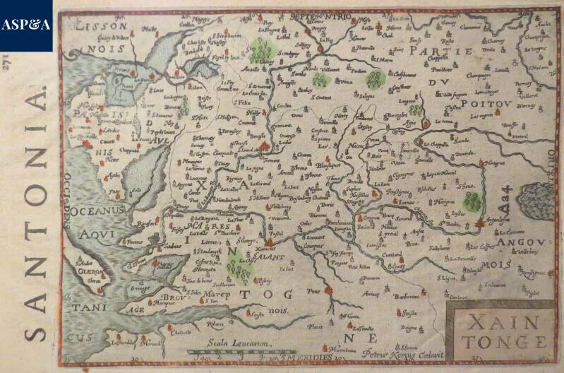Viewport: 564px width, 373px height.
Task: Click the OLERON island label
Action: coord(90,269)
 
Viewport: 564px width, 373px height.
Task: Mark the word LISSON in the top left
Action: coord(91,23)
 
